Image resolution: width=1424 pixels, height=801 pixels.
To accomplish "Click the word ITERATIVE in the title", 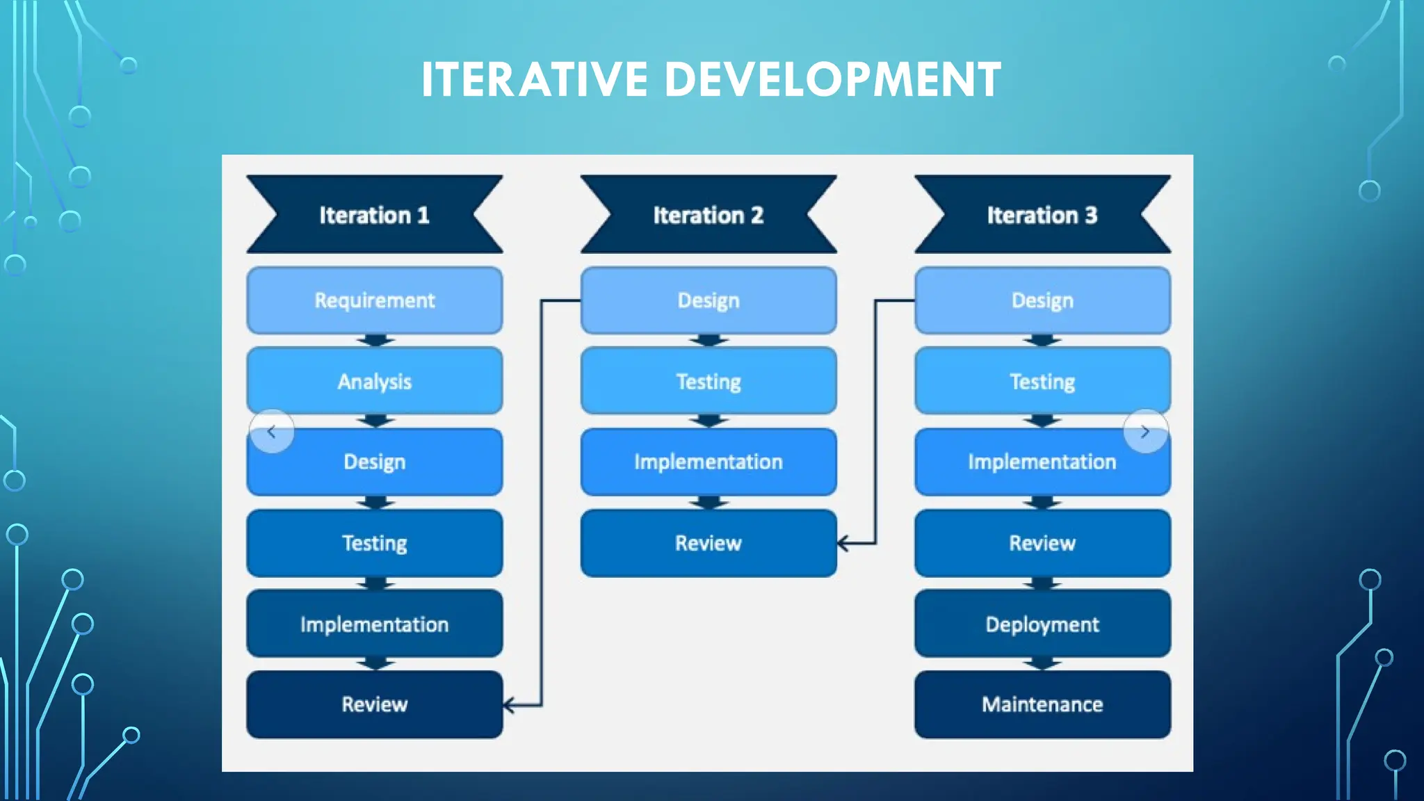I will pos(534,79).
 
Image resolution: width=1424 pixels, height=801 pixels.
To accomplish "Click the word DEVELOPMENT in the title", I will pos(832,79).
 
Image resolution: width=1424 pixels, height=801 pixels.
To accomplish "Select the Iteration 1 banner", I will pos(374,215).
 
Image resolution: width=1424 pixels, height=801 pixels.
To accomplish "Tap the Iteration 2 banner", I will pos(708,215).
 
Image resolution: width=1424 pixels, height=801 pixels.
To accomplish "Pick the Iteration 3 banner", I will pos(1042,215).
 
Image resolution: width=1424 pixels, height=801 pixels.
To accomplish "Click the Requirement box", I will pos(374,300).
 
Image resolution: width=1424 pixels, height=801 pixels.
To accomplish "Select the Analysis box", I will pos(374,381).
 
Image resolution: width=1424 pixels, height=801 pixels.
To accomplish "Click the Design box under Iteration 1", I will pos(374,462).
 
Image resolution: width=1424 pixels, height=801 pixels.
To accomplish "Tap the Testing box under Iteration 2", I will pos(708,381).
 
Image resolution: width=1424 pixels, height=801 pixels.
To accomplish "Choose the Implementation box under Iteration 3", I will pos(1042,462).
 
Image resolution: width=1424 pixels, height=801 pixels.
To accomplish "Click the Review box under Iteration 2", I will pos(708,543).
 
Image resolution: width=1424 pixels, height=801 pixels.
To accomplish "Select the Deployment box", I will pos(1042,624).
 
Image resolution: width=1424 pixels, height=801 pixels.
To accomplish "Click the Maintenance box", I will pos(1042,704).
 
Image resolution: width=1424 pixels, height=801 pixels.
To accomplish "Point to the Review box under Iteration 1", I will pos(374,704).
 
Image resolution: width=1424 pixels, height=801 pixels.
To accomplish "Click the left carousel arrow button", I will pos(272,432).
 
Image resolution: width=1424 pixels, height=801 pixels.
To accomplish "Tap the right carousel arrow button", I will pos(1145,432).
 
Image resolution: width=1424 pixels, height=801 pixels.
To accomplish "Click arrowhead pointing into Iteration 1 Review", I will pos(509,706).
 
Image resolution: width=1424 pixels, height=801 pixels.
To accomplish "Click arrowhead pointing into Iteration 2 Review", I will pos(843,543).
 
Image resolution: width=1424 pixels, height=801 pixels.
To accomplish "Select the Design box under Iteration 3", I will pos(1042,300).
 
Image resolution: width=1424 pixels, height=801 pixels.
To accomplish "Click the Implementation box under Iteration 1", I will pos(374,624).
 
